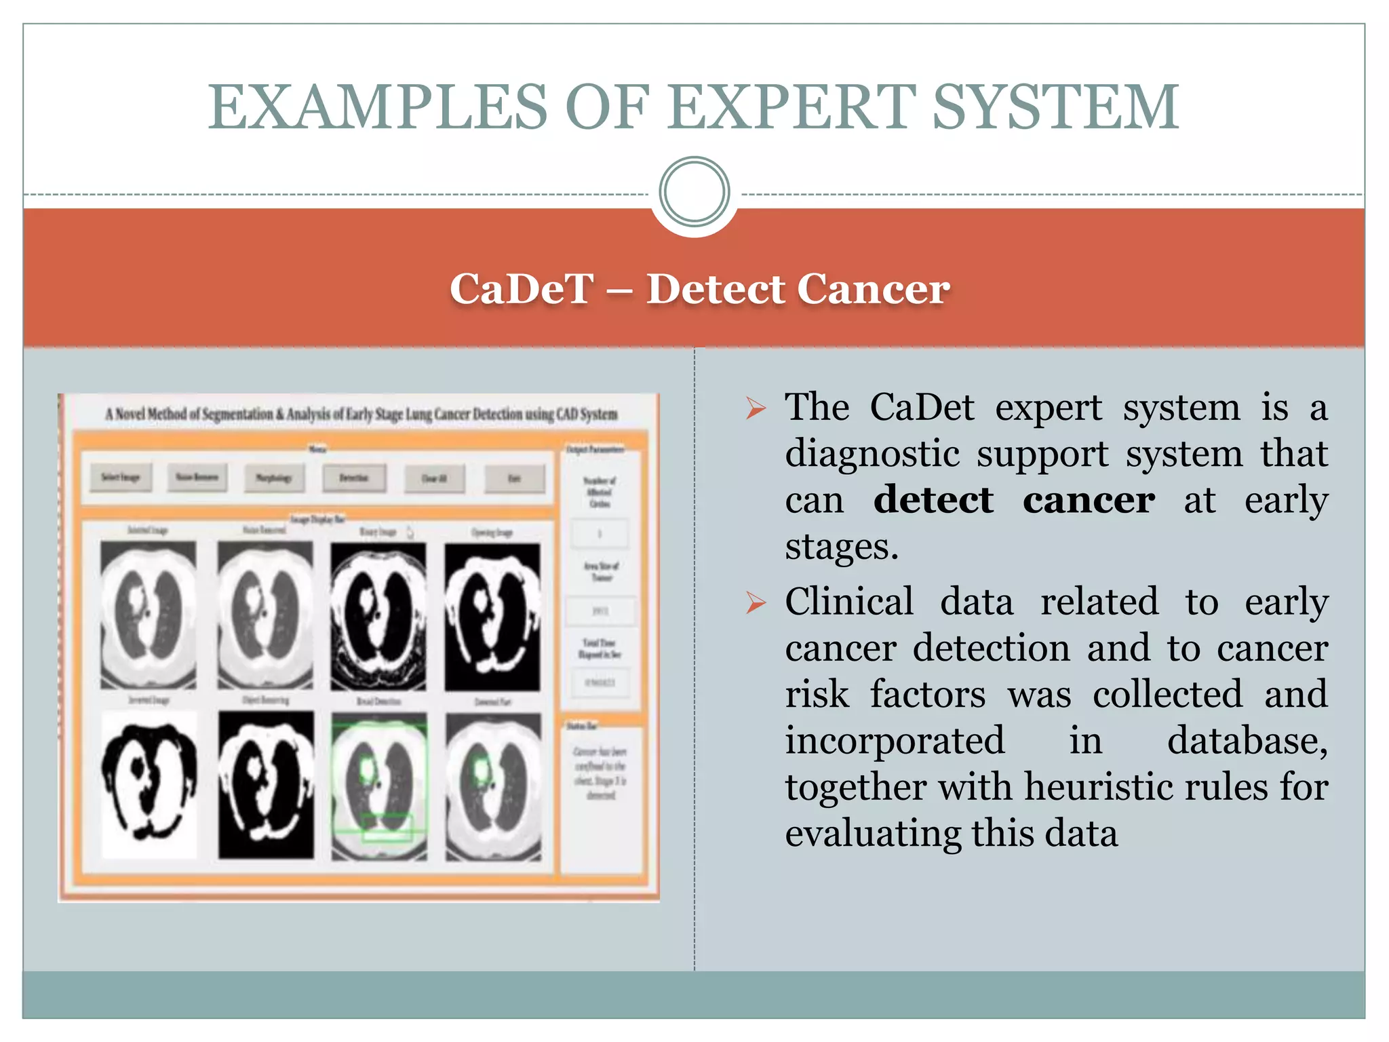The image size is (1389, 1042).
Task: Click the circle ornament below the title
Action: coord(694,192)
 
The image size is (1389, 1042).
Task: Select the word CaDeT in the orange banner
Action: coord(522,289)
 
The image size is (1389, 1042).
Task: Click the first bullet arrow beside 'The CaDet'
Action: coord(755,408)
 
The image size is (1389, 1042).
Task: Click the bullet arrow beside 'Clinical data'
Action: coord(755,602)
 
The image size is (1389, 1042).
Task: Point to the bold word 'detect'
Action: coord(933,500)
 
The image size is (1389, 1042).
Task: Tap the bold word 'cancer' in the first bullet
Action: coord(1089,500)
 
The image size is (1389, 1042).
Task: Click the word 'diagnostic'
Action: coord(872,454)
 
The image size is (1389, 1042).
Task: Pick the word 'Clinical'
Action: coord(849,602)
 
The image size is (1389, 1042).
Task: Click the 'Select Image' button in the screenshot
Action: coord(121,478)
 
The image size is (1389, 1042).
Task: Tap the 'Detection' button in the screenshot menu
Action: coord(354,478)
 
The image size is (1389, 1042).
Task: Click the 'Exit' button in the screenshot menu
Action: coord(514,479)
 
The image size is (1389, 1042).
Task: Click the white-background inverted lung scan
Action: coord(149,784)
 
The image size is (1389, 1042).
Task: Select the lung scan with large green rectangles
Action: coord(379,785)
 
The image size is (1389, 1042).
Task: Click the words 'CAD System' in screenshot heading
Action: coord(587,414)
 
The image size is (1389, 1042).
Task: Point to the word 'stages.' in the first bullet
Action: coord(841,546)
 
